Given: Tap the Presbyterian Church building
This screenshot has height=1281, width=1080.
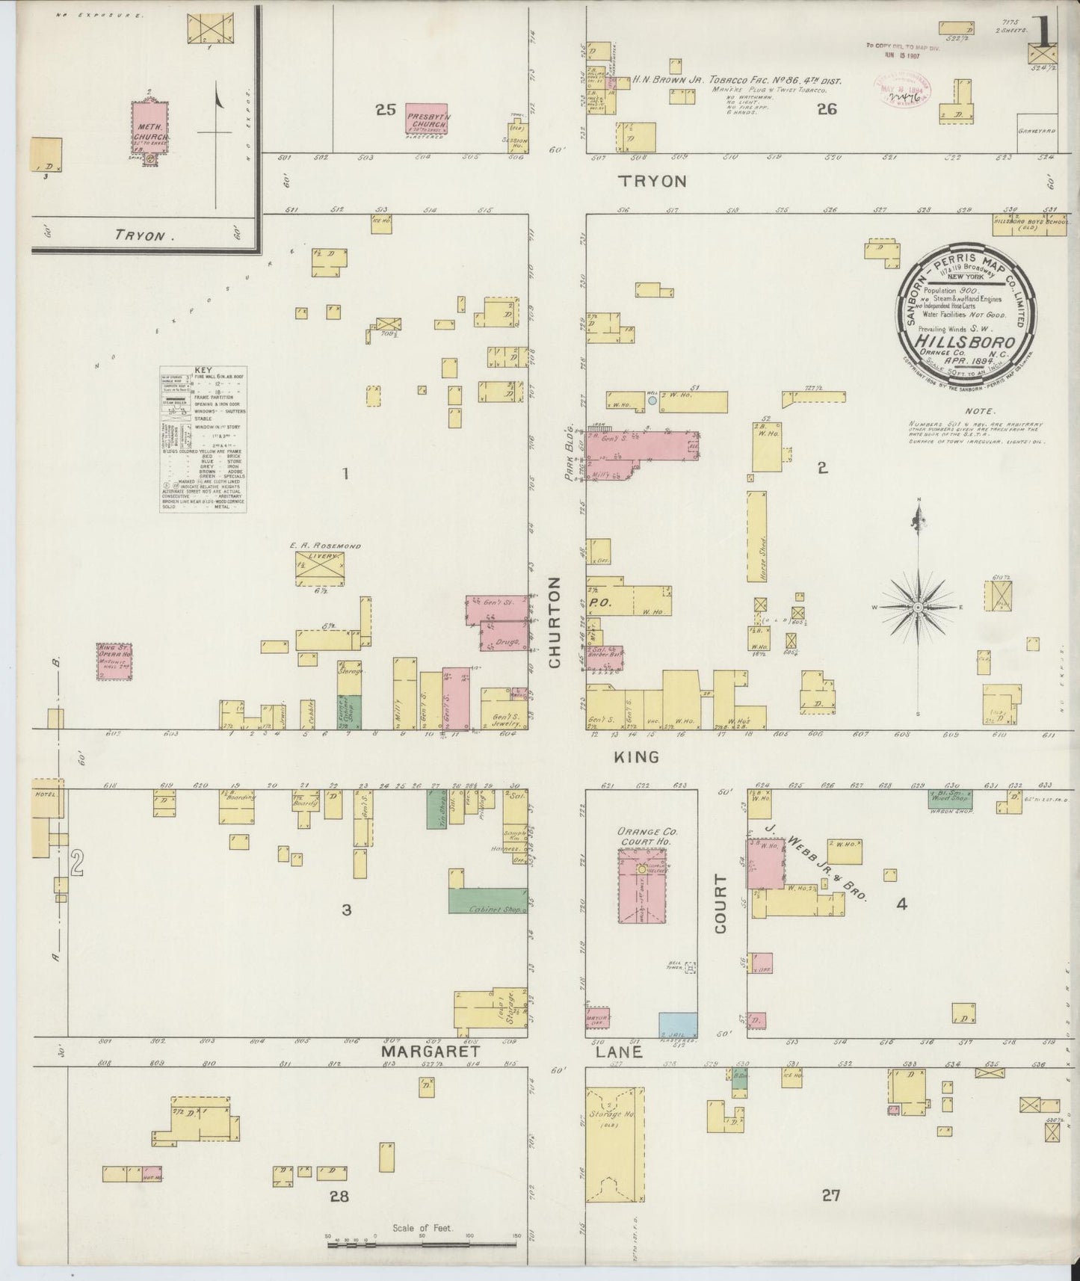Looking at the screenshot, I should (426, 121).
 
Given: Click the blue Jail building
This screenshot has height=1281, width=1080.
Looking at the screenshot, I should (678, 1024).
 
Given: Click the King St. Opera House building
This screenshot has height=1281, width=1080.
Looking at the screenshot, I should (114, 661).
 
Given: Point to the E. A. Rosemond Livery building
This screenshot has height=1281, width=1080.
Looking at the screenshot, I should (320, 569).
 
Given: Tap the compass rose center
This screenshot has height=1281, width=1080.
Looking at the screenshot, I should (917, 607).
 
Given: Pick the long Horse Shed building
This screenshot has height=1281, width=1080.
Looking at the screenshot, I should (757, 536).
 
